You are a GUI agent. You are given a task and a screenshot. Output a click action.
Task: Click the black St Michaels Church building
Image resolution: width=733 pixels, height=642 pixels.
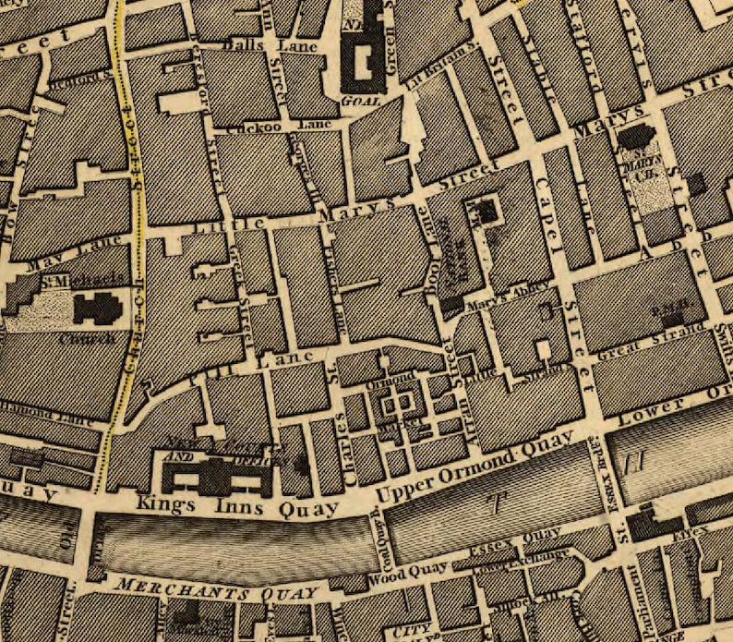[97, 308]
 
